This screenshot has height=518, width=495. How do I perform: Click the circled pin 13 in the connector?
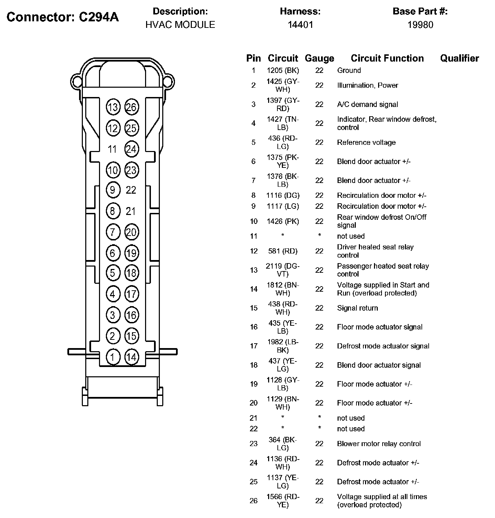point(112,107)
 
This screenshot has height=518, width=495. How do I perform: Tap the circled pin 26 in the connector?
point(131,107)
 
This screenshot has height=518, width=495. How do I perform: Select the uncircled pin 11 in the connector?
point(112,149)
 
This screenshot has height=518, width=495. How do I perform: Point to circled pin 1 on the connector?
point(112,357)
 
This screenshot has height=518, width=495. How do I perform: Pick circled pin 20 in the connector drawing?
point(131,232)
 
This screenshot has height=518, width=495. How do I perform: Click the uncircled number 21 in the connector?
point(131,211)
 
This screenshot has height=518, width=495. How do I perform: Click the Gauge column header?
point(319,58)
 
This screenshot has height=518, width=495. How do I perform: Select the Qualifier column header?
point(460,58)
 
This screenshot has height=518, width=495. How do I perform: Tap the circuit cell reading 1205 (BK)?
point(283,71)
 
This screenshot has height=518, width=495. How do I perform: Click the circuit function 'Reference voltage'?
point(366,142)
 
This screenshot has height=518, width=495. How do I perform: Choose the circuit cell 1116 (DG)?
point(283,195)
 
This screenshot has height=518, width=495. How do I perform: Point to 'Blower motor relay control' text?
point(379,444)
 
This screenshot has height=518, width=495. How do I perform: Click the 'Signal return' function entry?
point(357,308)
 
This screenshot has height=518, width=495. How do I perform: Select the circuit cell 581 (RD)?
point(283,251)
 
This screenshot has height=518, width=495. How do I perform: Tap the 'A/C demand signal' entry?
point(367,104)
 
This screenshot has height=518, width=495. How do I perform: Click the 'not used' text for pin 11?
point(351,236)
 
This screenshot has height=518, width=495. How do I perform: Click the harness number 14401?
point(300,25)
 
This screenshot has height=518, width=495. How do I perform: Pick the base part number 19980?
point(420,25)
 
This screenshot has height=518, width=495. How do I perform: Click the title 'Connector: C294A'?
point(63,17)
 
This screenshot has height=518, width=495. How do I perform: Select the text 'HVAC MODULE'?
point(180,25)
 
